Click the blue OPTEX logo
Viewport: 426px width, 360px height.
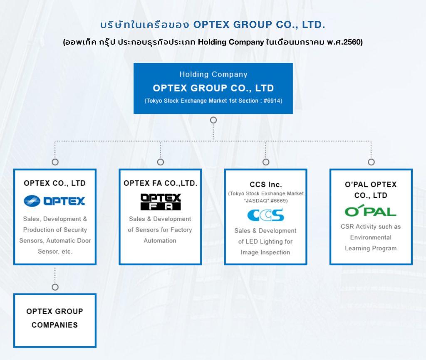tap(54, 201)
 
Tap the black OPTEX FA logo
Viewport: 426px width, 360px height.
tap(160, 202)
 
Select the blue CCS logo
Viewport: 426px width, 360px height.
tap(265, 215)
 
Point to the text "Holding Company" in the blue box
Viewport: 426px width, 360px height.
tap(213, 74)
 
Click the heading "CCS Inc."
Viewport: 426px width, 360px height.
tap(266, 185)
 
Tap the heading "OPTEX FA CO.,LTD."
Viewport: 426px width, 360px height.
tap(160, 183)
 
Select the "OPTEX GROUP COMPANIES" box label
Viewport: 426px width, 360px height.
tap(54, 318)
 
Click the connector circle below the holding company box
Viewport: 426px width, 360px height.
tap(213, 120)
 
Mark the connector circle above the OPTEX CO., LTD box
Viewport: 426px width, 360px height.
tap(55, 162)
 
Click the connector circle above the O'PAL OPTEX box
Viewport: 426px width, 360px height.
tap(371, 162)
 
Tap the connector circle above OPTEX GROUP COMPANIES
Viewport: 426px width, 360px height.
tap(55, 287)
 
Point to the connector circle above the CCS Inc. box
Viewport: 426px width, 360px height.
tap(266, 162)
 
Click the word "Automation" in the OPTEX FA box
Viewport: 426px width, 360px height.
tap(160, 241)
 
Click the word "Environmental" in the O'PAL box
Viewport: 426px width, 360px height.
tap(371, 237)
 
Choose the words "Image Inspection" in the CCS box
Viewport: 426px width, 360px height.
tap(265, 252)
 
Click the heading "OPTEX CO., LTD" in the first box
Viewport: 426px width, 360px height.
tap(54, 183)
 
